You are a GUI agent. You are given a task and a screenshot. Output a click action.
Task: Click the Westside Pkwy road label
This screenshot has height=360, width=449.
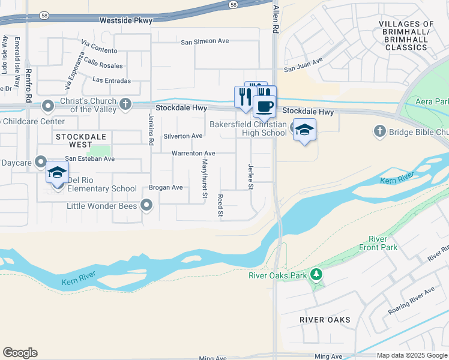[126, 20]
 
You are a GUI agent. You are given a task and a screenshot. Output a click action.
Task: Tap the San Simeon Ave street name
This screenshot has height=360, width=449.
[205, 41]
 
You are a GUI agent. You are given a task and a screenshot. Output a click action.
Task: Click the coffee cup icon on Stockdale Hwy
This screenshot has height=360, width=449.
[264, 107]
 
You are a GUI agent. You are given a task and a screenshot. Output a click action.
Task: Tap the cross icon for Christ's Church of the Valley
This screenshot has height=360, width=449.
[125, 104]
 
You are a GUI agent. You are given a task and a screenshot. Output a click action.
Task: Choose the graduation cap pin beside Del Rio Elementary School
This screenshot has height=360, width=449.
[58, 173]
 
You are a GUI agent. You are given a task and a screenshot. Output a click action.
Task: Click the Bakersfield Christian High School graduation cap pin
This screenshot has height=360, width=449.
[304, 130]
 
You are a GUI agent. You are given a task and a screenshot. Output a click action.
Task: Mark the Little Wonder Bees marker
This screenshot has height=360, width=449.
[146, 206]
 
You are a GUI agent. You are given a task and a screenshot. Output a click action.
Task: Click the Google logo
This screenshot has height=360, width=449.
[20, 353]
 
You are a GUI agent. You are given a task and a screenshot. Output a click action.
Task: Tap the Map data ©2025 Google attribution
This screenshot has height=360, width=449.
[412, 355]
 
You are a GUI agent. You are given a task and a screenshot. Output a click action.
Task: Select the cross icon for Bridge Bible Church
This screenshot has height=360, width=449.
[379, 130]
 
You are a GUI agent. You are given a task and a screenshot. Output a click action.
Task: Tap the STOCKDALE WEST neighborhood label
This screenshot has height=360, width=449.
[74, 140]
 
